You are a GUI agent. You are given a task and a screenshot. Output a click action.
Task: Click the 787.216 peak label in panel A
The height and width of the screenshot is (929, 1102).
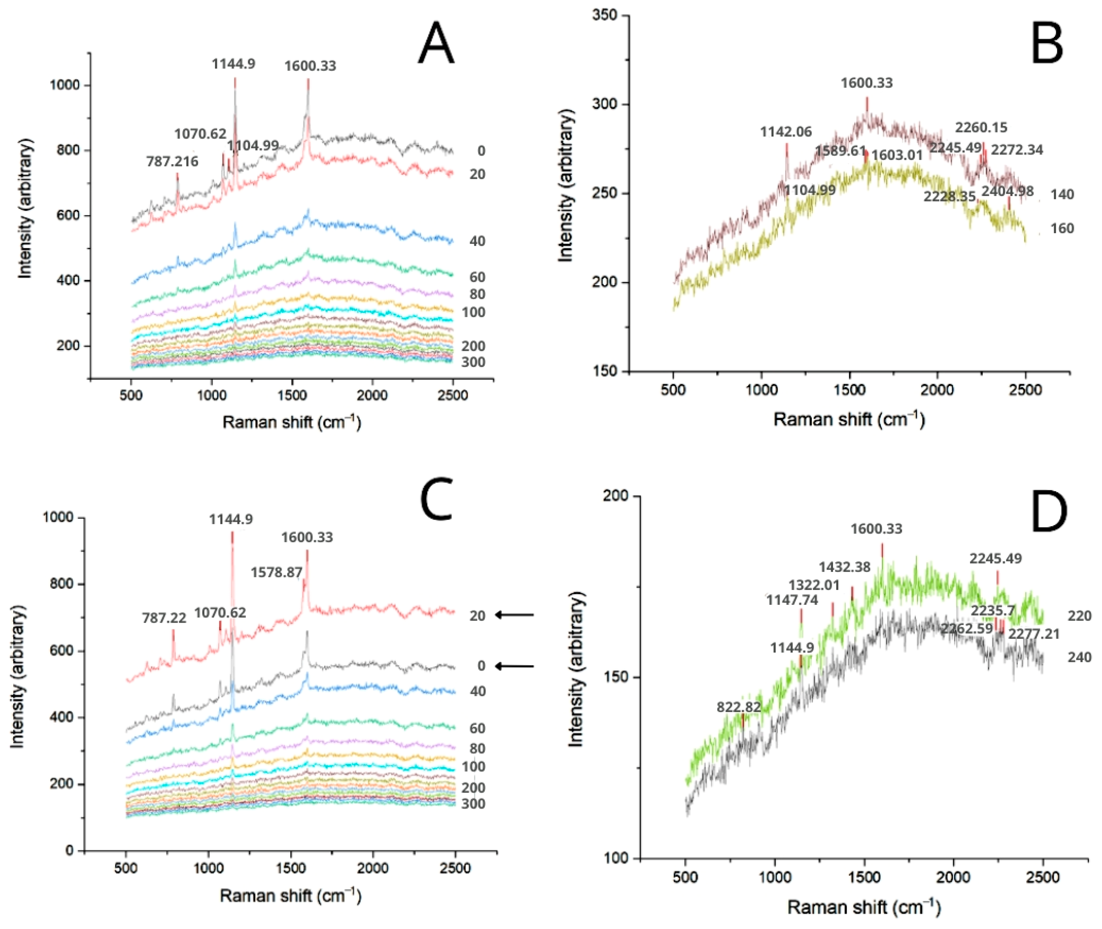pyautogui.click(x=172, y=162)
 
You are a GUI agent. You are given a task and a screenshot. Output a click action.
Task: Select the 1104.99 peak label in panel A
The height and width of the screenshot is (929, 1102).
pyautogui.click(x=253, y=145)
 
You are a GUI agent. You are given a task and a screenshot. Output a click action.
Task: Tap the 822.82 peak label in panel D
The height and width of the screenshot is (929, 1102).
pyautogui.click(x=739, y=707)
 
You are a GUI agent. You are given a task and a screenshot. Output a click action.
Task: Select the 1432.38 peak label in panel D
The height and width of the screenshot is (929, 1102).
pyautogui.click(x=844, y=567)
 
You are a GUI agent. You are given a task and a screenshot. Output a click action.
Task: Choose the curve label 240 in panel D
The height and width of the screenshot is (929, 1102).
pyautogui.click(x=1079, y=657)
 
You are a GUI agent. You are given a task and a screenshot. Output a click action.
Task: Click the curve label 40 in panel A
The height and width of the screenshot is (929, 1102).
pyautogui.click(x=477, y=241)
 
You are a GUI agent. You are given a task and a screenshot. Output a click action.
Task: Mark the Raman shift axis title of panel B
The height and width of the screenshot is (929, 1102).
pyautogui.click(x=849, y=419)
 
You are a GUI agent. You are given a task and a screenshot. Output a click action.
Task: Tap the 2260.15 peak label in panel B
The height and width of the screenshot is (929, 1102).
pyautogui.click(x=981, y=127)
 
